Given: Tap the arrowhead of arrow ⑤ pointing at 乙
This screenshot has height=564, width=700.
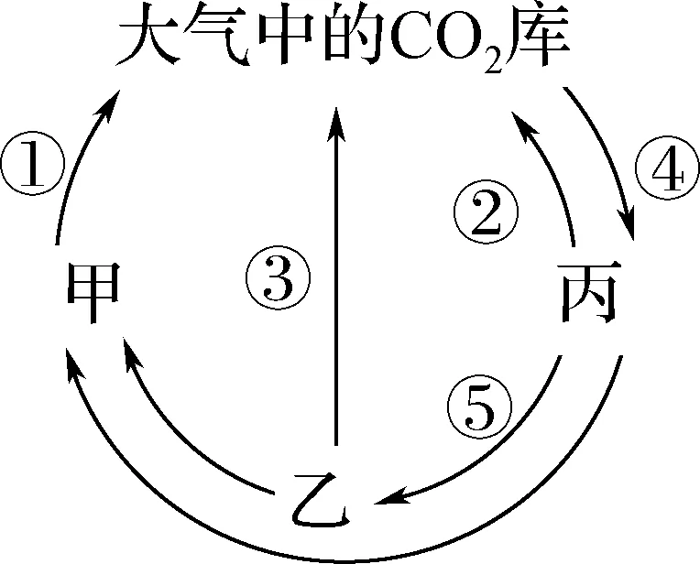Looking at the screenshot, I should [x=388, y=500].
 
